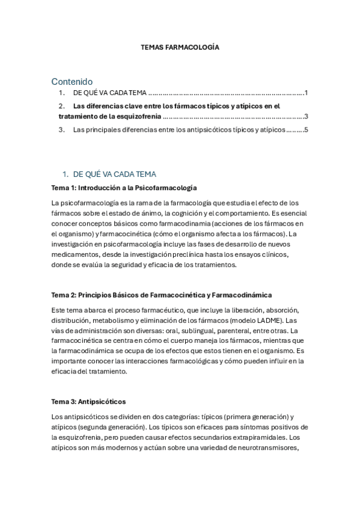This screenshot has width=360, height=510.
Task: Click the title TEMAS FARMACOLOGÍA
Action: tap(180, 46)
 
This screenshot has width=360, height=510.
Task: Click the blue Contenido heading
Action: tap(72, 81)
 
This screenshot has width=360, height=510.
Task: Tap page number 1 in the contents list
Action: tap(306, 93)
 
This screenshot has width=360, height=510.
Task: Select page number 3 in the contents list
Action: tap(306, 117)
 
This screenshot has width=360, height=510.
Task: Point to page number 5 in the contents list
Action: tap(306, 129)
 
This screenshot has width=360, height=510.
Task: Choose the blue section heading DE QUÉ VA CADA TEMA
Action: tap(114, 174)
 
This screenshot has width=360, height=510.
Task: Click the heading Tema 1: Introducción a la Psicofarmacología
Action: tap(124, 188)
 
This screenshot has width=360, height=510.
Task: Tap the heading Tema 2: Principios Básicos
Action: tap(161, 295)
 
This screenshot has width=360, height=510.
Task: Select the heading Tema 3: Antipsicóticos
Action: tap(88, 401)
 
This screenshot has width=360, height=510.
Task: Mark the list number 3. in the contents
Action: tap(61, 129)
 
